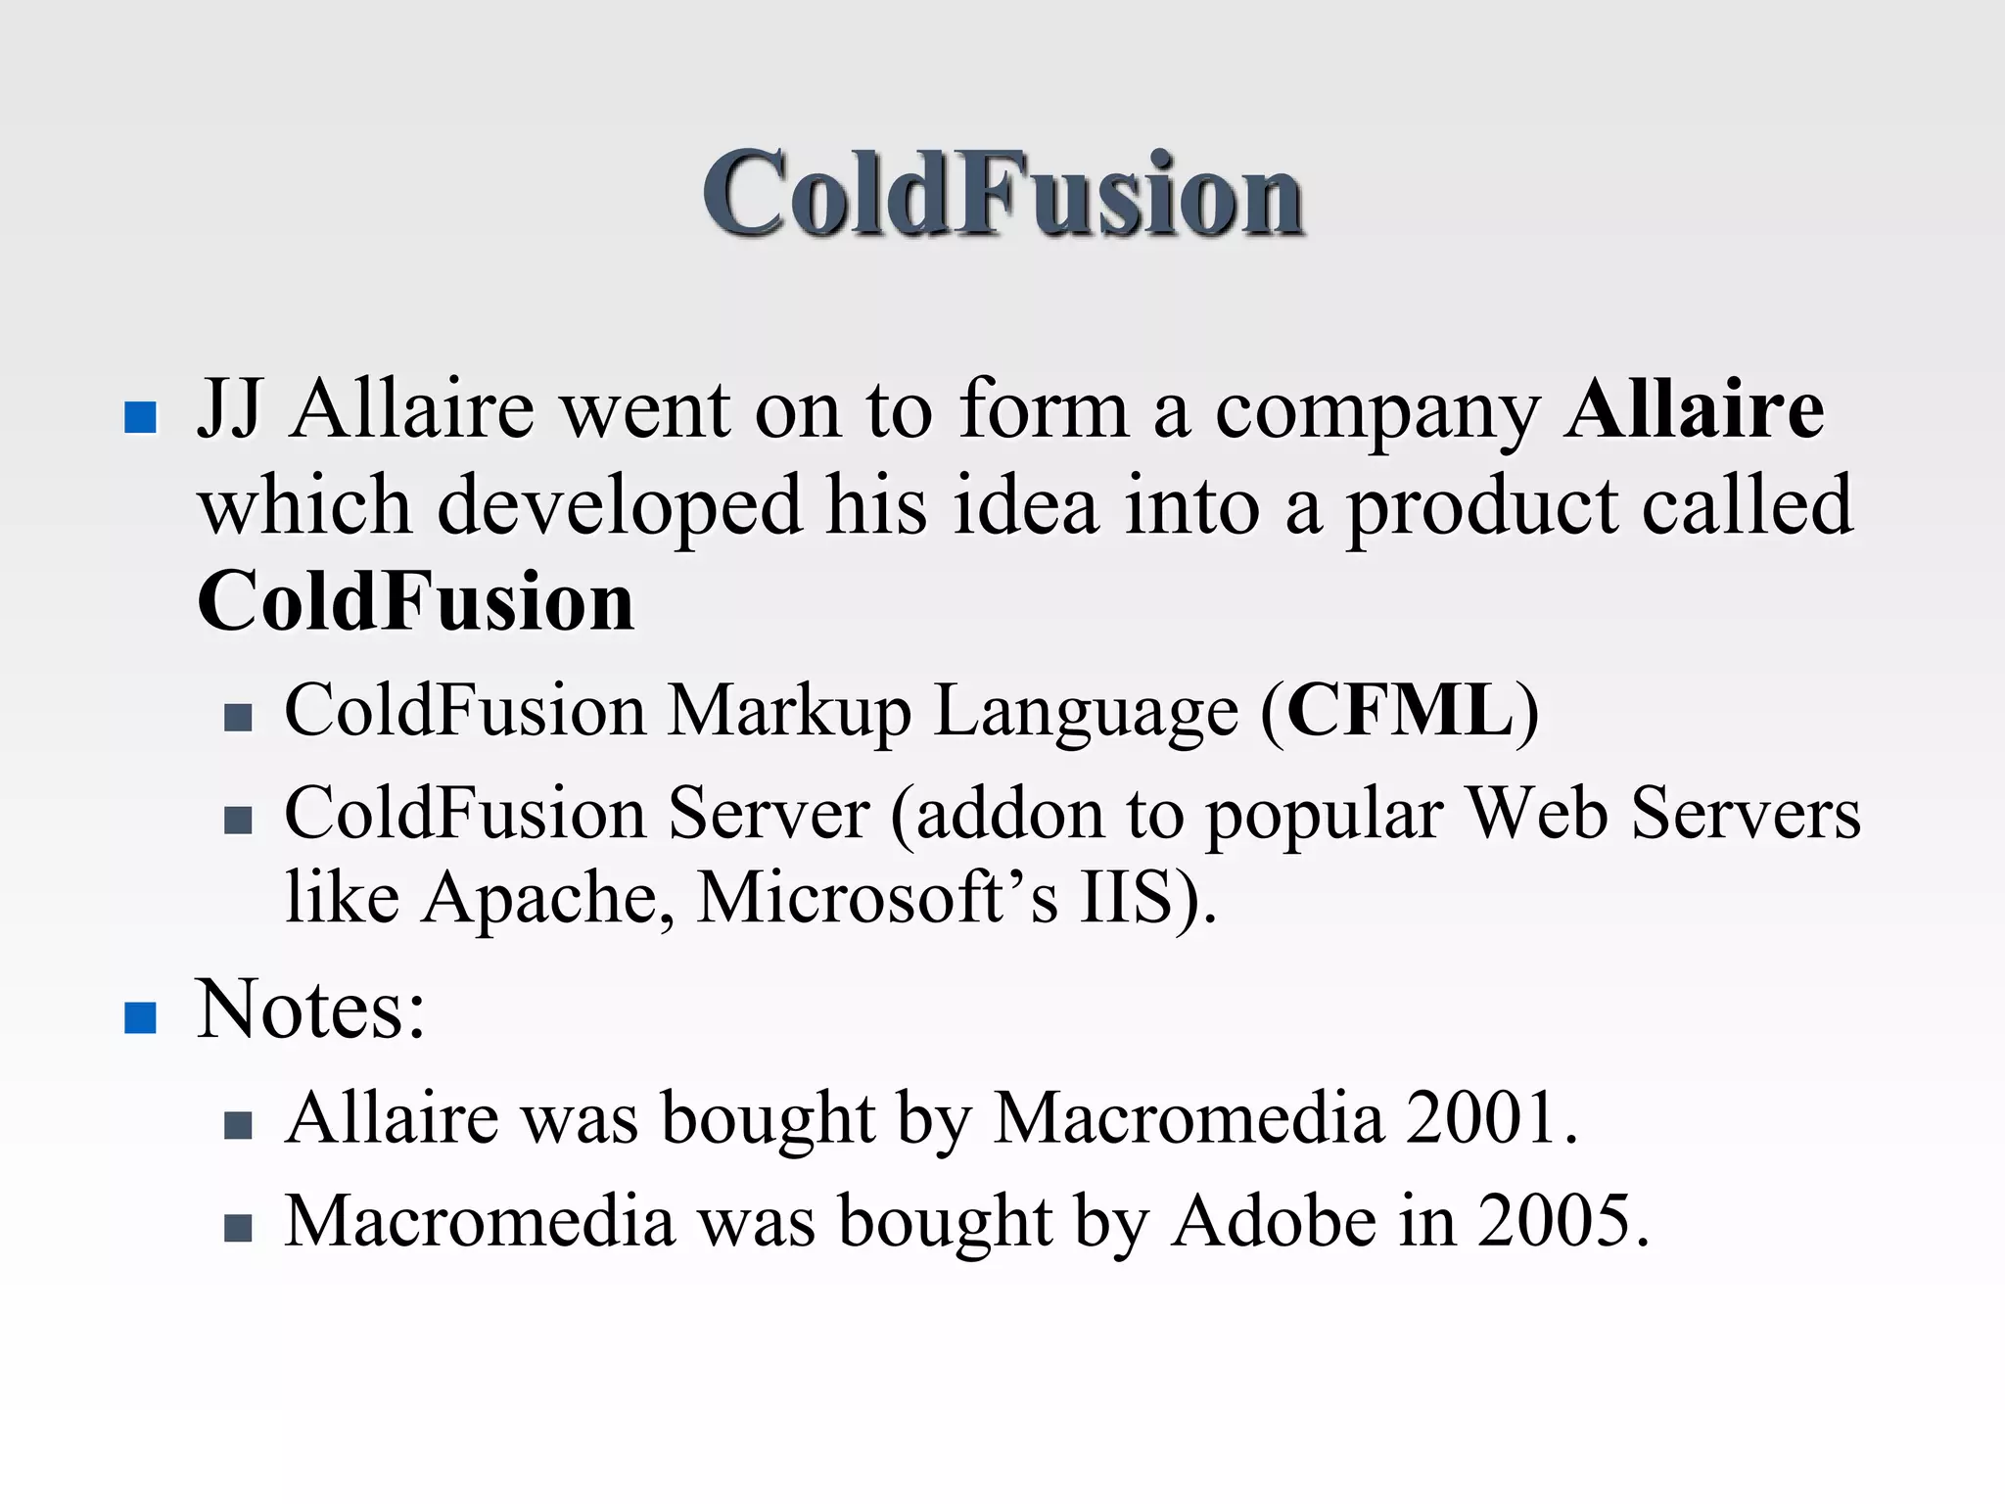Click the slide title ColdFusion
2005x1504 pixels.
point(1002,193)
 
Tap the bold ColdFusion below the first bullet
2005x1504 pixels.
point(416,600)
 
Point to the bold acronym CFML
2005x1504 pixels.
point(1400,710)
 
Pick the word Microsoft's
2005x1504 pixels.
point(877,897)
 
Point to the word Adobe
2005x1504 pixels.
point(1274,1221)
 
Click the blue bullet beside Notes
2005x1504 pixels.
point(141,1017)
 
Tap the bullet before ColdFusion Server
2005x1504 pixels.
point(238,820)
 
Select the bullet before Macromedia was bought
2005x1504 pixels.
point(238,1228)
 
